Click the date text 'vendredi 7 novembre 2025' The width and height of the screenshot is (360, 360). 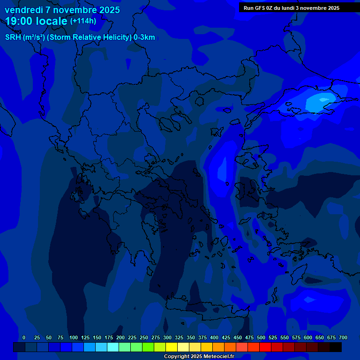pyautogui.click(x=62, y=10)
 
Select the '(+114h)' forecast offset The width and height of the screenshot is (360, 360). pyautogui.click(x=83, y=21)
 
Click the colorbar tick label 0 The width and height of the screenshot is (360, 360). pyautogui.click(x=24, y=337)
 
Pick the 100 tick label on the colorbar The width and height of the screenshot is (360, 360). pyautogui.click(x=74, y=337)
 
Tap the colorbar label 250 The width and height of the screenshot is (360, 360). pyautogui.click(x=144, y=337)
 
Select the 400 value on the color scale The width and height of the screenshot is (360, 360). pyautogui.click(x=214, y=337)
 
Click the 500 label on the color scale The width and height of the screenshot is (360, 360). pyautogui.click(x=261, y=337)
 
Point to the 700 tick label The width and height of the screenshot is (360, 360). pyautogui.click(x=343, y=337)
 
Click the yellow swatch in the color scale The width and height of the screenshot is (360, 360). pyautogui.click(x=171, y=347)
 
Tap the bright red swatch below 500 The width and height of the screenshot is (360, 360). pyautogui.click(x=265, y=347)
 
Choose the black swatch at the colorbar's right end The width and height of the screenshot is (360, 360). pyautogui.click(x=335, y=347)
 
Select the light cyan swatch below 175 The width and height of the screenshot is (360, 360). pyautogui.click(x=112, y=347)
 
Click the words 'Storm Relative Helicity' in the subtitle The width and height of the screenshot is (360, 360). pyautogui.click(x=90, y=37)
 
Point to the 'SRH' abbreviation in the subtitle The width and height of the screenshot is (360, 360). pyautogui.click(x=13, y=37)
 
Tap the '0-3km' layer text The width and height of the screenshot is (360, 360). pyautogui.click(x=144, y=37)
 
